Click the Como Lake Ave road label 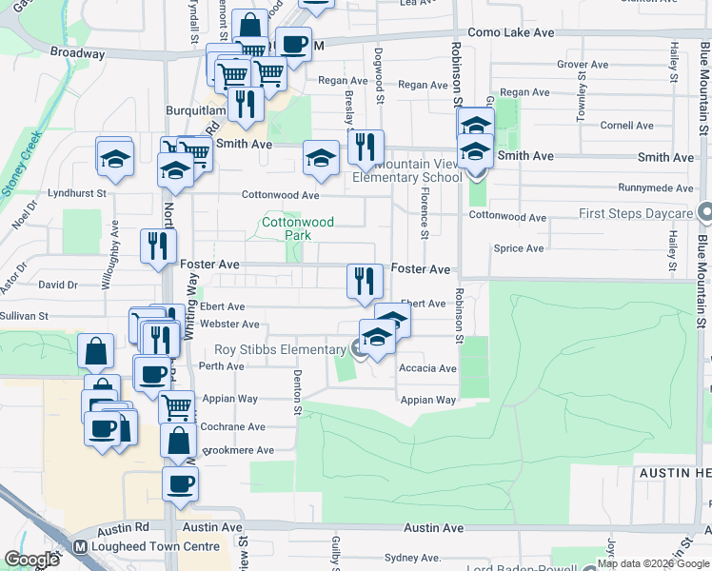pos(511,32)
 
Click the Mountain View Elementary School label pos(406,170)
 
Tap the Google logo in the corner pos(30,560)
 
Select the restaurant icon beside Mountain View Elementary pos(366,147)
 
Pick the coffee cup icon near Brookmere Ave pos(179,483)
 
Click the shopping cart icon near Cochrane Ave pos(176,406)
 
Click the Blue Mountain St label pos(702,276)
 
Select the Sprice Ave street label pos(518,248)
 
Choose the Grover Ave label pos(582,65)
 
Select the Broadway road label pos(77,53)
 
